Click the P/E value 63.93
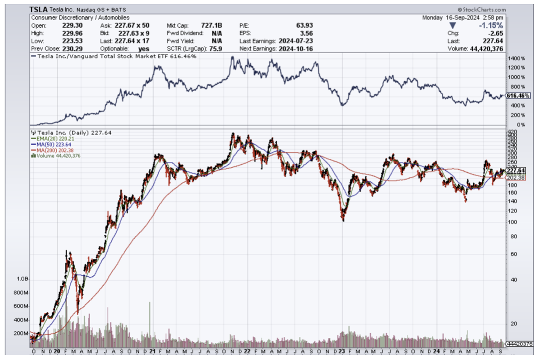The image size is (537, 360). (x=303, y=25)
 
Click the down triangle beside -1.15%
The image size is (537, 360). (x=452, y=25)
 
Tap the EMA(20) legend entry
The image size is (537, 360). (x=50, y=139)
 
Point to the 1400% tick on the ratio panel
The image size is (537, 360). (x=516, y=59)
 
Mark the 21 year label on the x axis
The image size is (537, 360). (x=152, y=351)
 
